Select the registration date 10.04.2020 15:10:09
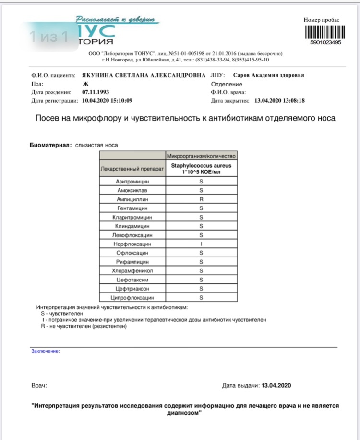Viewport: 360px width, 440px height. coord(107,101)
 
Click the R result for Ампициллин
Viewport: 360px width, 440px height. coord(202,198)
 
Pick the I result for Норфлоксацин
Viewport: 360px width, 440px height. coord(202,244)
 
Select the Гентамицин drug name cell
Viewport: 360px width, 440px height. coord(133,208)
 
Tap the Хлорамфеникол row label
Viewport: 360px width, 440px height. coord(133,271)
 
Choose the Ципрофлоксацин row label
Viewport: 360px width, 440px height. coord(133,298)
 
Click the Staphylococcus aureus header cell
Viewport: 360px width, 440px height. coord(202,168)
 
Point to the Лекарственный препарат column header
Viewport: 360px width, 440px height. coord(133,169)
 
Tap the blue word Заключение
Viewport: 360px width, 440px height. coord(46,351)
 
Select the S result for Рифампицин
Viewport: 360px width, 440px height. coord(202,262)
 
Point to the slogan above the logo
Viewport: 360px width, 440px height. coord(115,19)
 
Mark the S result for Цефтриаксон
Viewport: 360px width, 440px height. coord(202,289)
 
